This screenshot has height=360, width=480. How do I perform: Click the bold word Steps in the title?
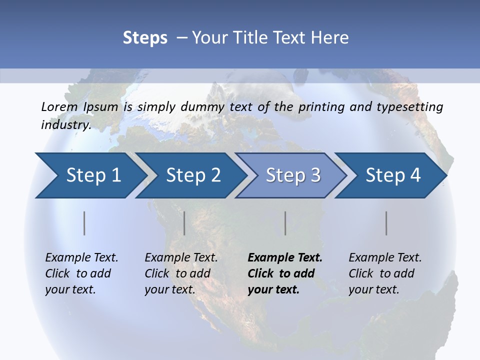point(145,38)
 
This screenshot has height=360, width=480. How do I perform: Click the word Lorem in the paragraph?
point(59,106)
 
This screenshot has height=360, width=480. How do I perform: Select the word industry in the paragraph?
point(65,125)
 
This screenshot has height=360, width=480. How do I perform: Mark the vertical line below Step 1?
point(84,223)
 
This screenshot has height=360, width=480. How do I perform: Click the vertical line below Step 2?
point(184,223)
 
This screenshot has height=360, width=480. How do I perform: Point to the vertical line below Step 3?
point(285,223)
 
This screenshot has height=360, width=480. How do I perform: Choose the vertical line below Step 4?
point(386,223)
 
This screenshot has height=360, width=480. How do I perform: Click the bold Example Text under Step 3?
point(285,257)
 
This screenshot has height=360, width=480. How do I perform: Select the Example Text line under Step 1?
point(81,257)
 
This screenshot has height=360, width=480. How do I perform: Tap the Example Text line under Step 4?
point(385,257)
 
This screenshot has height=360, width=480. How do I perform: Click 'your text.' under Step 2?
point(170,289)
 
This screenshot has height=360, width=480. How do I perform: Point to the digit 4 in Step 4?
point(415,175)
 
